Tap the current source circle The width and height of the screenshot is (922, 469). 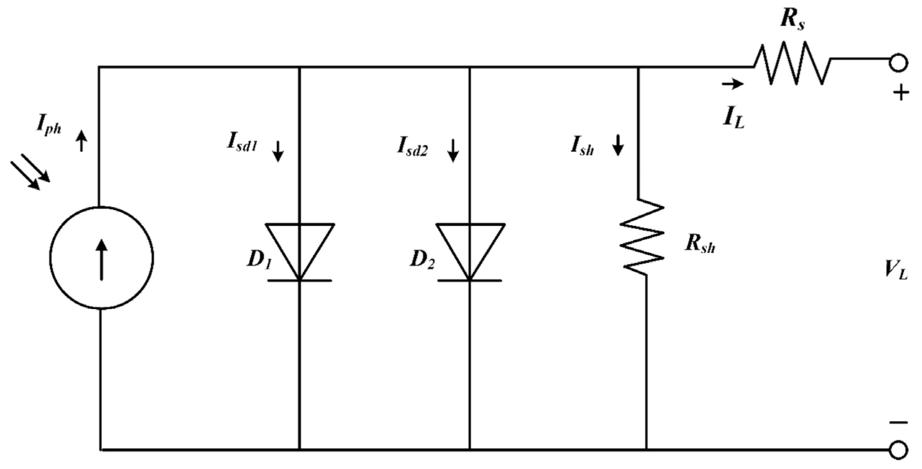102,257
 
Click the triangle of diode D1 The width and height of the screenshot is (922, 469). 300,246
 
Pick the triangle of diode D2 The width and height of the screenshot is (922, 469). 470,246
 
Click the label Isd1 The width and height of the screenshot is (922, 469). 242,144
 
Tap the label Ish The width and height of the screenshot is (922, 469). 582,147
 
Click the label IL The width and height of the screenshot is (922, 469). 734,119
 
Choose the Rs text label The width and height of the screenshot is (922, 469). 792,22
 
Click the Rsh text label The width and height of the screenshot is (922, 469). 700,245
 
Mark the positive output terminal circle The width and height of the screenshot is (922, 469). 898,63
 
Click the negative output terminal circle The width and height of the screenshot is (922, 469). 898,450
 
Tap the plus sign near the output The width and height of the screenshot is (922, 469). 901,94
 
